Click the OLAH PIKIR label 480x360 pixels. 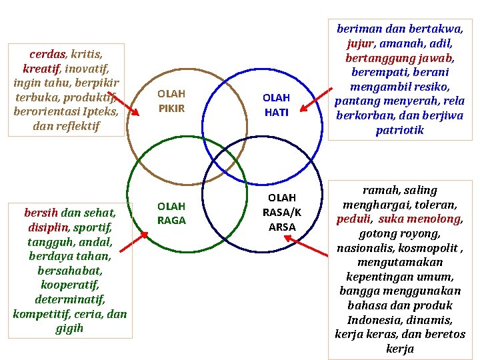pyautogui.click(x=171, y=101)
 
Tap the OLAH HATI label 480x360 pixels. pyautogui.click(x=276, y=105)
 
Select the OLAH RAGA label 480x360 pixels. pyautogui.click(x=171, y=213)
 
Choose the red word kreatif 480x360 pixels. pyautogui.click(x=41, y=68)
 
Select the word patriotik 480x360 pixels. pyautogui.click(x=399, y=130)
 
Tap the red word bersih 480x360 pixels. pyautogui.click(x=41, y=213)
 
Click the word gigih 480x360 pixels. pyautogui.click(x=69, y=328)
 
